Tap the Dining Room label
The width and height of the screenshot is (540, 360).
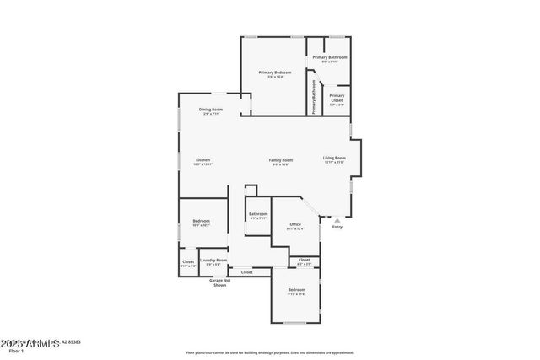coord(211,110)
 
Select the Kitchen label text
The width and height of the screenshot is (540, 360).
coord(203,160)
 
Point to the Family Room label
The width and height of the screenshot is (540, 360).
coord(281,160)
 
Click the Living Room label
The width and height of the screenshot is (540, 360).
coord(334,159)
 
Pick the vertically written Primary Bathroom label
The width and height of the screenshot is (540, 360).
coord(313,97)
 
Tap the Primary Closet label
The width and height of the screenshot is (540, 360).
coord(337,96)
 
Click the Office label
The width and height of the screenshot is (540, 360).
coord(295,223)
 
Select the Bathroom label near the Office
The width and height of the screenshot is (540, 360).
coord(258,214)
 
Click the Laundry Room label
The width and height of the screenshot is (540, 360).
coord(213,261)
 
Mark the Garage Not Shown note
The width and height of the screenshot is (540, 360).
coord(219,283)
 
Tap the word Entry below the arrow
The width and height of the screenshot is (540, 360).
coord(337,227)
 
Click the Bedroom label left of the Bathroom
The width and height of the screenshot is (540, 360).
coord(201,221)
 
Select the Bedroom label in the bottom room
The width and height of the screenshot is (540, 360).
coord(295,290)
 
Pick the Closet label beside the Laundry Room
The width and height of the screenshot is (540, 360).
coord(188,261)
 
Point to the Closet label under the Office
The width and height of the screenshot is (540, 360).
coord(304,261)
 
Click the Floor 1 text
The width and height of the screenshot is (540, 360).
coord(15,350)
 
